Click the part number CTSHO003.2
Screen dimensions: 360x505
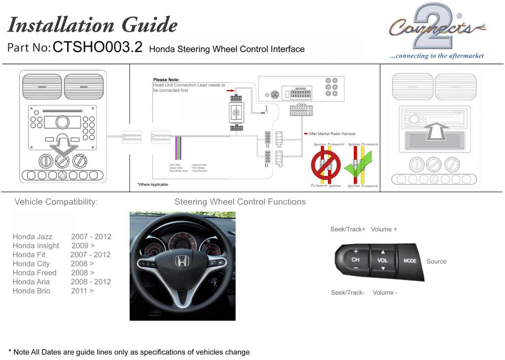[97, 47]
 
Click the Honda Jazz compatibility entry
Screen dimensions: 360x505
[33, 237]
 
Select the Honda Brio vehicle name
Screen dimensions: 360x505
[32, 291]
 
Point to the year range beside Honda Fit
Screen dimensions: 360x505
[90, 255]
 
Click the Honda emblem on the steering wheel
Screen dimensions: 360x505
[181, 260]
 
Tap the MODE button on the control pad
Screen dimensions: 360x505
[410, 261]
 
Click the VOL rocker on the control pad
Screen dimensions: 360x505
[383, 260]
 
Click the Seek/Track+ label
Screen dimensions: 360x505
[348, 229]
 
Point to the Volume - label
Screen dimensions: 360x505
[385, 292]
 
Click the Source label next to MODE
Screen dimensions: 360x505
[436, 261]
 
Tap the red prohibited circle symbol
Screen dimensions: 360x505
[325, 165]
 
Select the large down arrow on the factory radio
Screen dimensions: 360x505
[63, 149]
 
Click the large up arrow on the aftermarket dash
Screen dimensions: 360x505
[437, 131]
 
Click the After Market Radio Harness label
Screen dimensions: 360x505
[332, 134]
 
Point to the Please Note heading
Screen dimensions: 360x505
[166, 80]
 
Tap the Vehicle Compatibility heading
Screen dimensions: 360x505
[56, 202]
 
